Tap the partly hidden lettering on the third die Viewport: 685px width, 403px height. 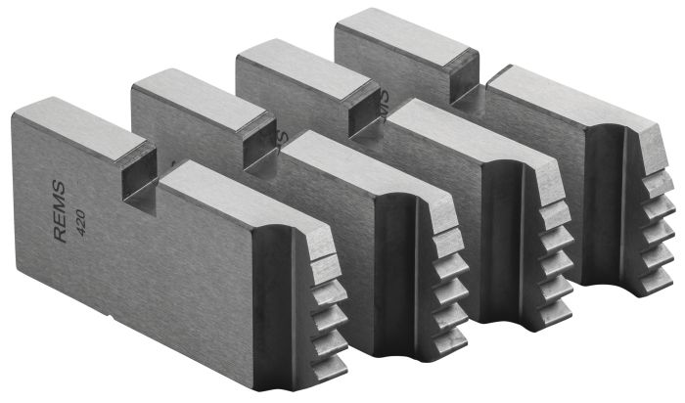(385, 98)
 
